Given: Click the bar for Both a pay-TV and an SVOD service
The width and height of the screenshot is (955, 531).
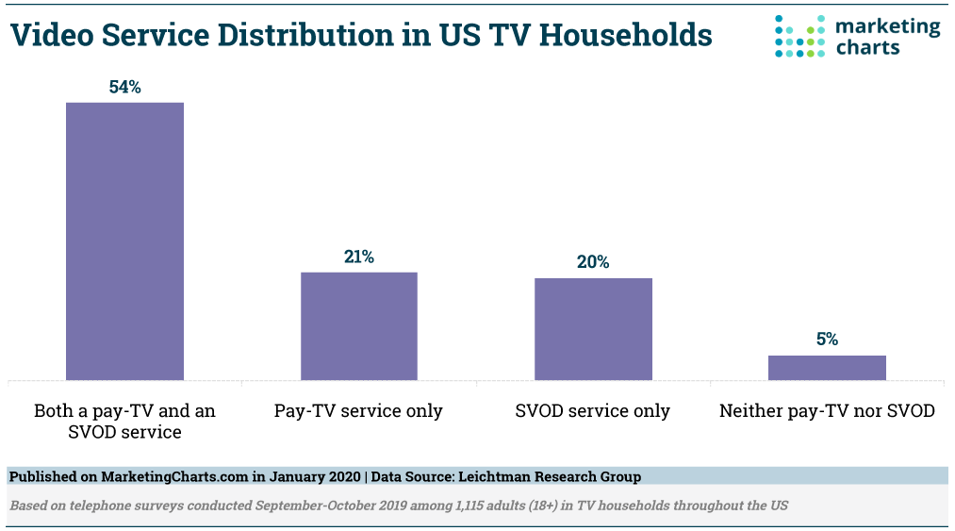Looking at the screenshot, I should click(x=124, y=241).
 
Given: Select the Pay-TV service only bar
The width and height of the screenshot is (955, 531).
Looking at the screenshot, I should click(x=358, y=325).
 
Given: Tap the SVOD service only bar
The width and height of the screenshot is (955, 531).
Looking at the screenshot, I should click(x=593, y=328).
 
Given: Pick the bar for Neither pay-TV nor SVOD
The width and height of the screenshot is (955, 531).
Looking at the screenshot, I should click(x=827, y=368).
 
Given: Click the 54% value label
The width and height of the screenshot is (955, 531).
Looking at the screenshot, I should click(x=124, y=87).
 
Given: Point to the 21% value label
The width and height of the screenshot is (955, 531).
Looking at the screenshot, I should click(x=358, y=257).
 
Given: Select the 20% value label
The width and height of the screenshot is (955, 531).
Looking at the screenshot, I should click(x=593, y=262).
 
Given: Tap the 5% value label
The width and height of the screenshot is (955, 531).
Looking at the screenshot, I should click(x=827, y=340).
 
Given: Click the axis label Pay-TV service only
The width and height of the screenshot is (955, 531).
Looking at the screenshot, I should click(x=358, y=411).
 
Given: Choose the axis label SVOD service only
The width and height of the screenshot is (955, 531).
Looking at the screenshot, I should click(x=593, y=411).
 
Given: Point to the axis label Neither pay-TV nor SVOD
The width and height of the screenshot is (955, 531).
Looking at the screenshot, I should click(x=827, y=411).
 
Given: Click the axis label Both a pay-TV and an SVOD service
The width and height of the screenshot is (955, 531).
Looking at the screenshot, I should click(x=124, y=422).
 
